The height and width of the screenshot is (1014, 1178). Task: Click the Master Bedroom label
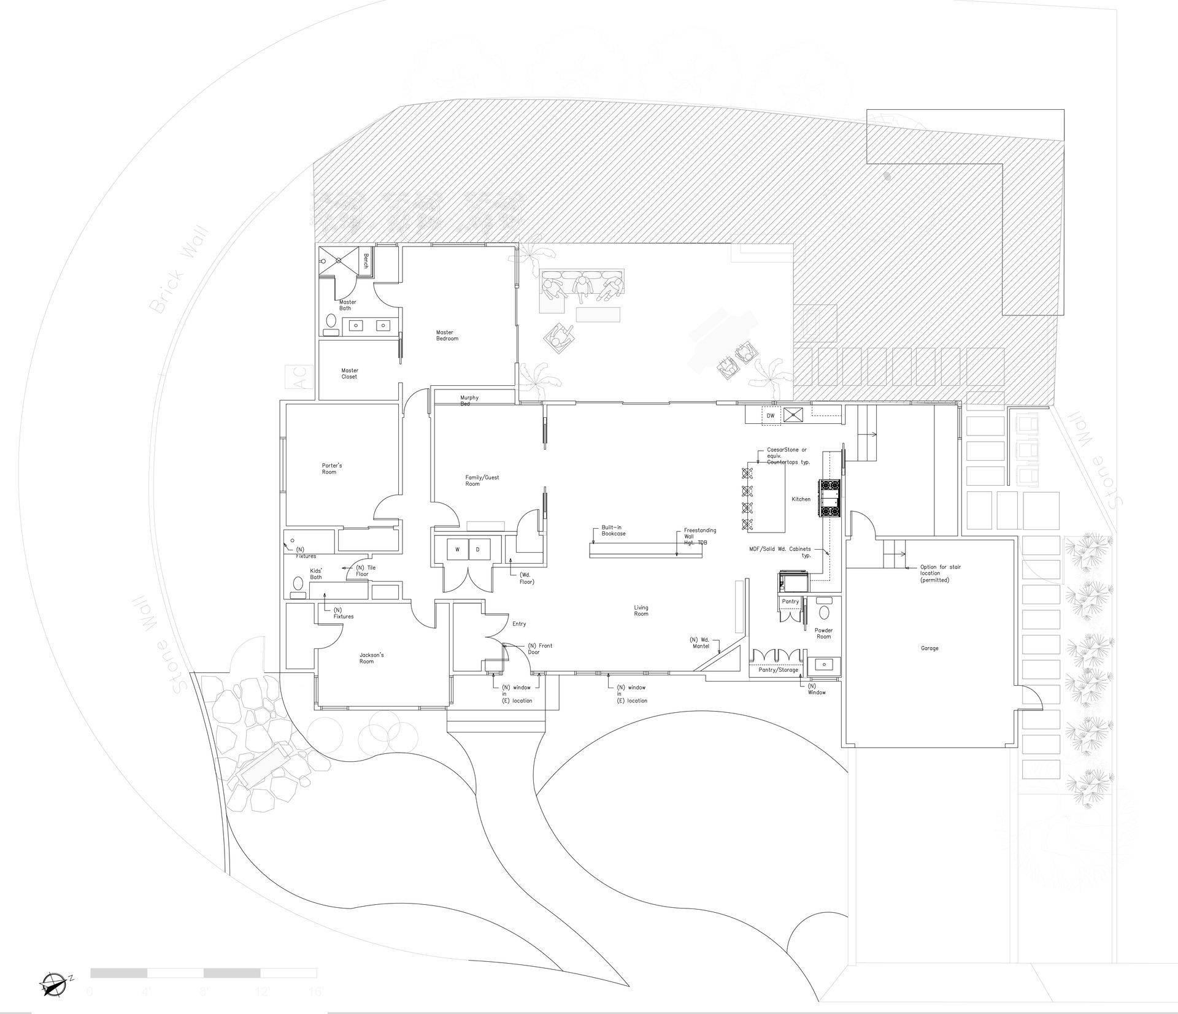[447, 336]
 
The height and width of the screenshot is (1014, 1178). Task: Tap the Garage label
[929, 648]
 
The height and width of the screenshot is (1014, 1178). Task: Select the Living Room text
[641, 610]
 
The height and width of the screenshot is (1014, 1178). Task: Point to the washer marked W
[457, 550]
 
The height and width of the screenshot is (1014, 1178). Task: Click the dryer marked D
[478, 550]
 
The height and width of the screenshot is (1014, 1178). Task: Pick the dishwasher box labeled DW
[771, 415]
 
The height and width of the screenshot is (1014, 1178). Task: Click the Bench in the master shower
[366, 261]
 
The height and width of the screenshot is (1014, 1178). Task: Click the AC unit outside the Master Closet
[300, 377]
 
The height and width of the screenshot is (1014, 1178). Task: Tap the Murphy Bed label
[469, 401]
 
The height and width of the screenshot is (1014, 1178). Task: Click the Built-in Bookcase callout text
[613, 531]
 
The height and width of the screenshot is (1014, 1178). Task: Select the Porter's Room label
[332, 469]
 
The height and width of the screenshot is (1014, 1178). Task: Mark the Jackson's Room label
[371, 658]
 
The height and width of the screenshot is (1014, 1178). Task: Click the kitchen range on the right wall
[830, 499]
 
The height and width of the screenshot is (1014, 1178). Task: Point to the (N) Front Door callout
[540, 648]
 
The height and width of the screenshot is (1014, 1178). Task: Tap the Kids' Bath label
[316, 574]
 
